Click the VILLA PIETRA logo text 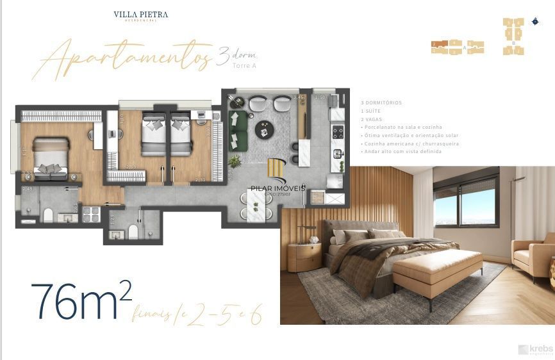tap(140, 14)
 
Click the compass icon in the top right tap(534, 21)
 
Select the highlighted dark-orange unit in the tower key tap(438, 44)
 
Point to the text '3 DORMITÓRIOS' tap(381, 102)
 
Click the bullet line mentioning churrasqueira tap(410, 144)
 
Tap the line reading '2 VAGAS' tap(371, 119)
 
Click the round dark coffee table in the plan tap(265, 130)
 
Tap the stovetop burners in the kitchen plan tap(338, 133)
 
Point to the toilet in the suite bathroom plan tap(47, 214)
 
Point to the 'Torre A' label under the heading tap(244, 66)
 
